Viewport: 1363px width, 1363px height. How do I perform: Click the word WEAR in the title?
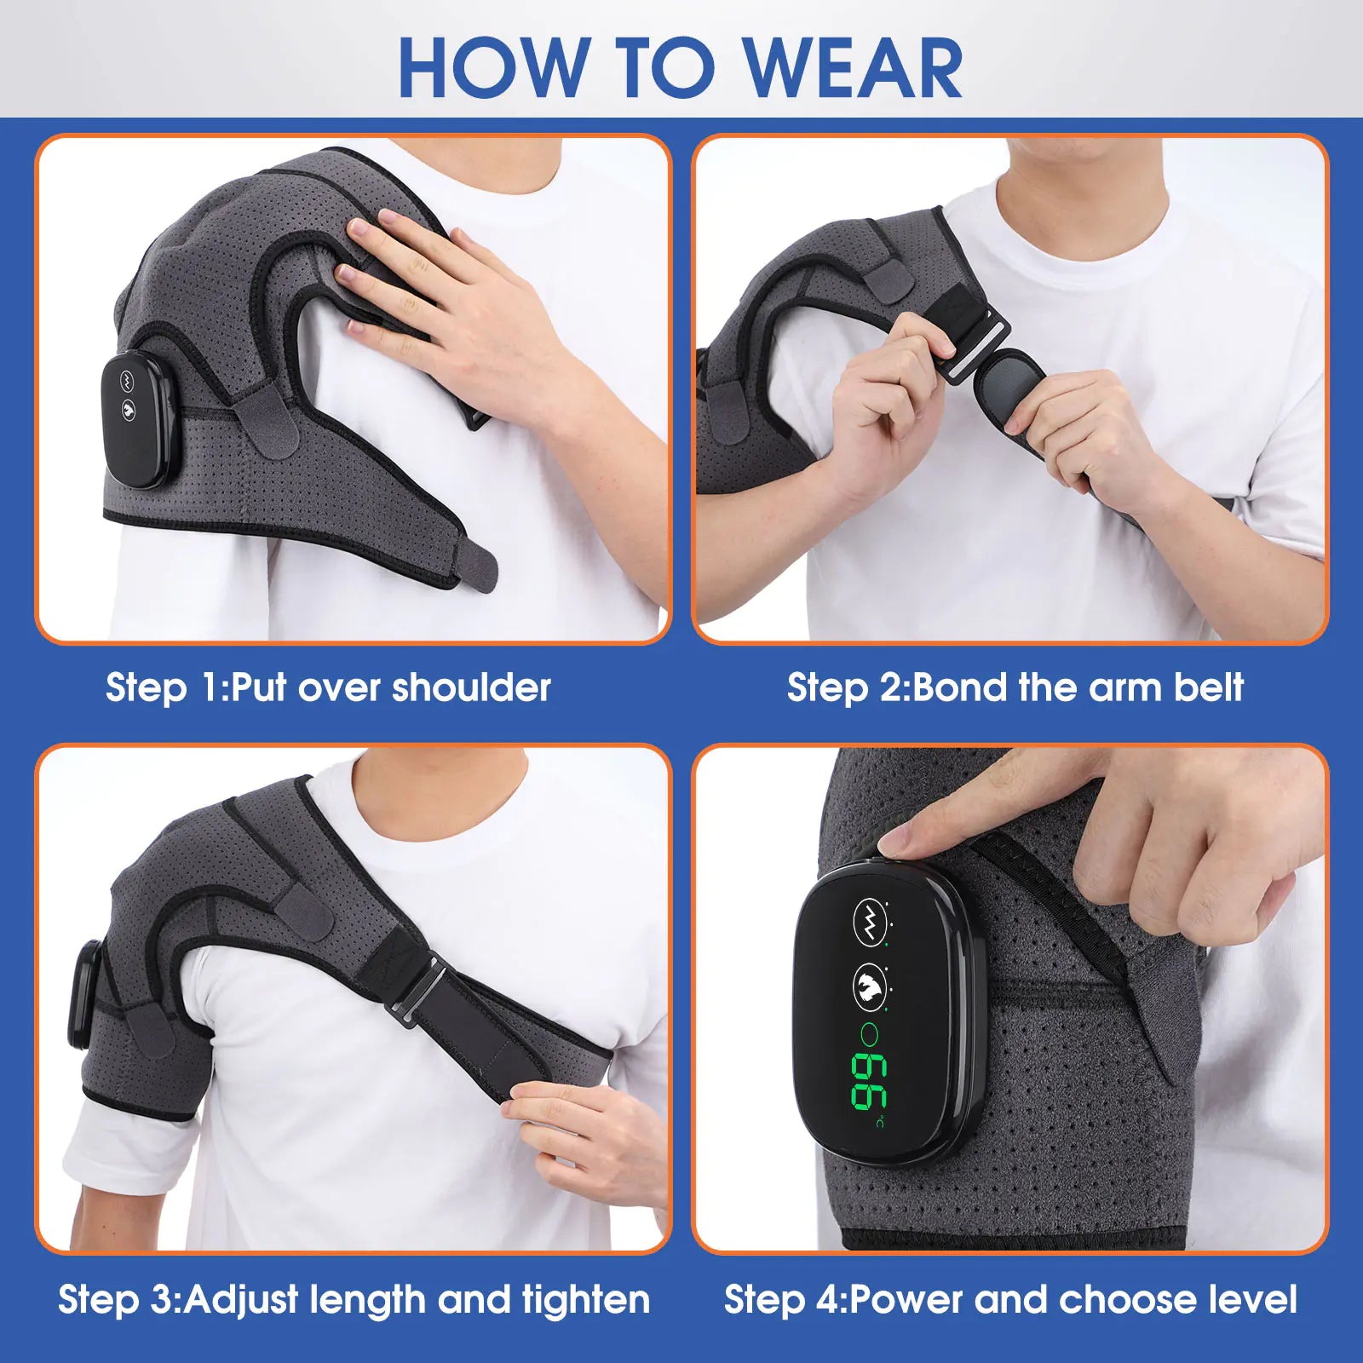pyautogui.click(x=852, y=68)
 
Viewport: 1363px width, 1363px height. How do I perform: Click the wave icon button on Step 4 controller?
pyautogui.click(x=869, y=922)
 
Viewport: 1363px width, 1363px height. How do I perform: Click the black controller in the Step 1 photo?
pyautogui.click(x=139, y=417)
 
